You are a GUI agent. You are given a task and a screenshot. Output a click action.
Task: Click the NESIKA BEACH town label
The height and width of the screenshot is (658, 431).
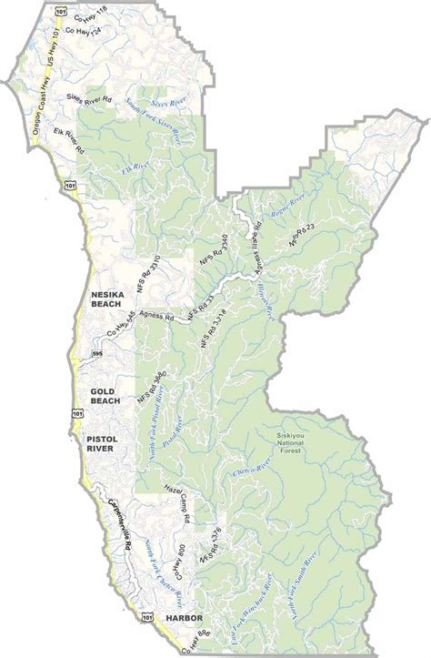pyautogui.click(x=112, y=300)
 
